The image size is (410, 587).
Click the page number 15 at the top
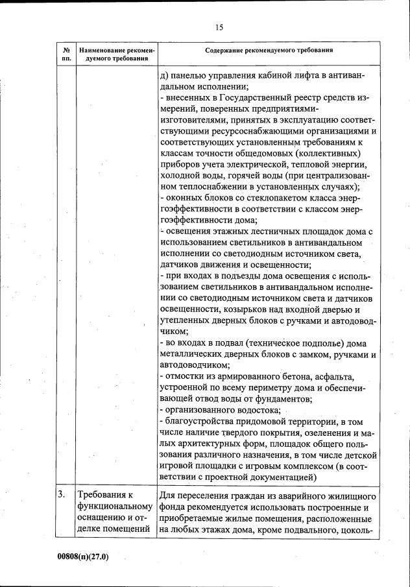coord(219,27)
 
